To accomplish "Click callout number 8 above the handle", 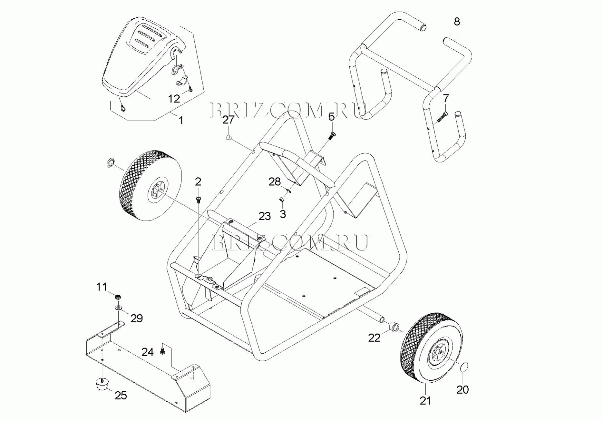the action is click(457, 22).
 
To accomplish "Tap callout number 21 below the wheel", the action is click(425, 401).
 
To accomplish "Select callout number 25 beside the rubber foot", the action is click(121, 396).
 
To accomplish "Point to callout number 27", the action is click(229, 120).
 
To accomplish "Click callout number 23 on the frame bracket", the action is click(265, 216).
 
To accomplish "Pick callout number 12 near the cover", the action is click(174, 99).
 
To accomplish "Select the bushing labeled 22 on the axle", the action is click(394, 326).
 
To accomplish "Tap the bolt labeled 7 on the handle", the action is click(442, 118).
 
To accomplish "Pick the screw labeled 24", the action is click(163, 350).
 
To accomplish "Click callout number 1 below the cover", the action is click(181, 121).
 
